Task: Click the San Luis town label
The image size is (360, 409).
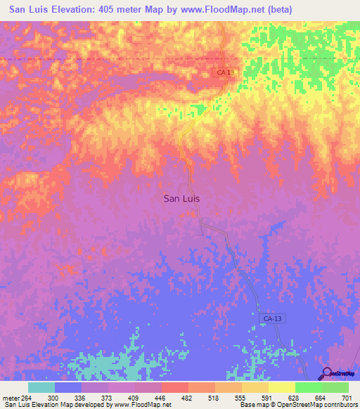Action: pos(181,198)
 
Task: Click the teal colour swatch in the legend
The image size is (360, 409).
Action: pos(41,387)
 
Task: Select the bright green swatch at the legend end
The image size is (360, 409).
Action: pos(335,387)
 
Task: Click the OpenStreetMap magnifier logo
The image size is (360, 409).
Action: pos(327,374)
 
